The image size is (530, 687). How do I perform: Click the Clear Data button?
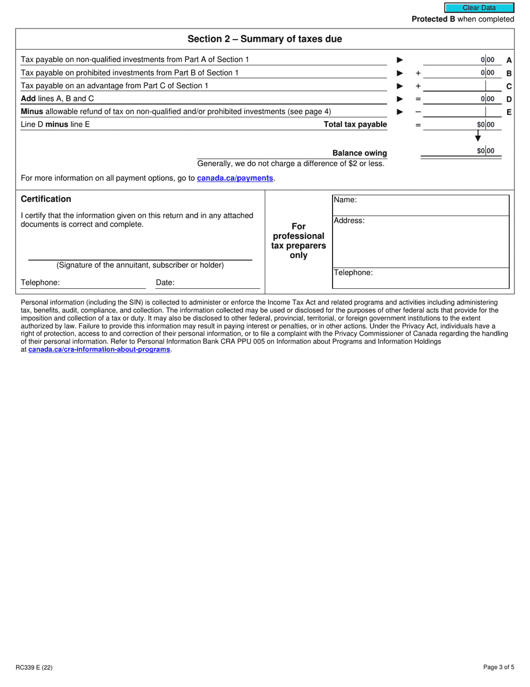[x=479, y=8]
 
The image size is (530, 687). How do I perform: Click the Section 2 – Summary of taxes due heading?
[x=264, y=39]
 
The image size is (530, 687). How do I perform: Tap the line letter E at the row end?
[x=509, y=112]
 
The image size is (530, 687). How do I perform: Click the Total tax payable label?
[x=355, y=125]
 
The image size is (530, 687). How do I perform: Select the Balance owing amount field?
[x=461, y=151]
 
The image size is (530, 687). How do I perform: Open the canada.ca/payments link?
[x=235, y=178]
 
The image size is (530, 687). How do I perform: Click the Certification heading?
[x=46, y=199]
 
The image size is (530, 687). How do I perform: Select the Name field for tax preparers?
[x=421, y=204]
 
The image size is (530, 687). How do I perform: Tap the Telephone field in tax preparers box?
[x=421, y=278]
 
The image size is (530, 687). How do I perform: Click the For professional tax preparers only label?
[x=298, y=241]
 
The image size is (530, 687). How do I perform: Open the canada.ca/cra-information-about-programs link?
[x=99, y=350]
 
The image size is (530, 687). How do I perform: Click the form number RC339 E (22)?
[x=35, y=667]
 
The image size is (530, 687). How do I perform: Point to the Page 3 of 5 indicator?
[x=499, y=667]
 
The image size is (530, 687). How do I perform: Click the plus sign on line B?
[x=418, y=73]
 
